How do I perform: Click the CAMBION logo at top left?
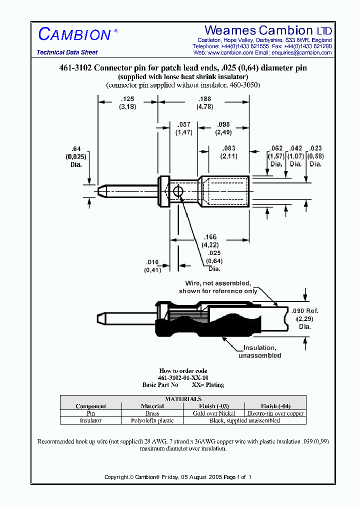click(74, 34)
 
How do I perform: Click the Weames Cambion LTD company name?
click(268, 30)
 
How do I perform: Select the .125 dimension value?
click(127, 99)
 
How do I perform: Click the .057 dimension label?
click(183, 124)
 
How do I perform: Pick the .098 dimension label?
click(223, 124)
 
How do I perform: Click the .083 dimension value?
click(227, 148)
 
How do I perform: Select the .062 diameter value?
click(276, 148)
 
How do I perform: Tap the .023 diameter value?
click(315, 148)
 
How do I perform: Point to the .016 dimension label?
click(151, 261)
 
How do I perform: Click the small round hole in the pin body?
click(178, 191)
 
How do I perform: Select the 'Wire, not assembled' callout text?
click(218, 283)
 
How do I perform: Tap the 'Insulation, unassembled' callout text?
click(259, 347)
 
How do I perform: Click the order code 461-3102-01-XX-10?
click(183, 378)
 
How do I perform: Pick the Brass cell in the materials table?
click(152, 413)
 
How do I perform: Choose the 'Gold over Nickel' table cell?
click(214, 413)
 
